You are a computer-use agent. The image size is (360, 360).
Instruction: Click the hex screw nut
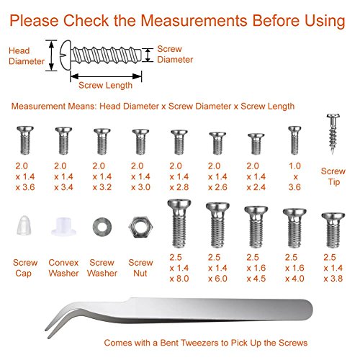140,227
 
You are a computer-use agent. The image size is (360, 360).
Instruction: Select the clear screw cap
24,225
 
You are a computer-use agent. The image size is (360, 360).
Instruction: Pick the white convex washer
63,226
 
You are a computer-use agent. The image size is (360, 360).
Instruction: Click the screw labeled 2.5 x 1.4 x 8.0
179,224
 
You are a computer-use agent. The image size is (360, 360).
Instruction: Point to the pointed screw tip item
333,133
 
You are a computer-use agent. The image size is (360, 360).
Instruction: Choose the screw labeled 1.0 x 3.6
294,140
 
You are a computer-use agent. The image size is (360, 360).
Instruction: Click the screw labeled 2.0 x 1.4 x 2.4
256,144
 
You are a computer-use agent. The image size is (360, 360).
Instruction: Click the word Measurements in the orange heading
194,20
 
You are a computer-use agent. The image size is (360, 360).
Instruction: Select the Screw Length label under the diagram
105,86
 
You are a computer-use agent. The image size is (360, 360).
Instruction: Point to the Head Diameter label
27,56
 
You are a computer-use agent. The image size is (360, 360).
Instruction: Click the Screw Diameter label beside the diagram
175,54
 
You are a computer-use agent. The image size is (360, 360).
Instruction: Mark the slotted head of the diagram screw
65,55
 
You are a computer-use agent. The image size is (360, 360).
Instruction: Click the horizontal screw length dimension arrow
106,76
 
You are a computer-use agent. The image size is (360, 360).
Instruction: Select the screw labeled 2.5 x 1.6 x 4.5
256,227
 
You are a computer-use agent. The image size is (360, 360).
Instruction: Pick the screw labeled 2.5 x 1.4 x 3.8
333,230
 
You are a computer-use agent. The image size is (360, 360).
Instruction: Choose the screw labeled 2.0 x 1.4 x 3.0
140,142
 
